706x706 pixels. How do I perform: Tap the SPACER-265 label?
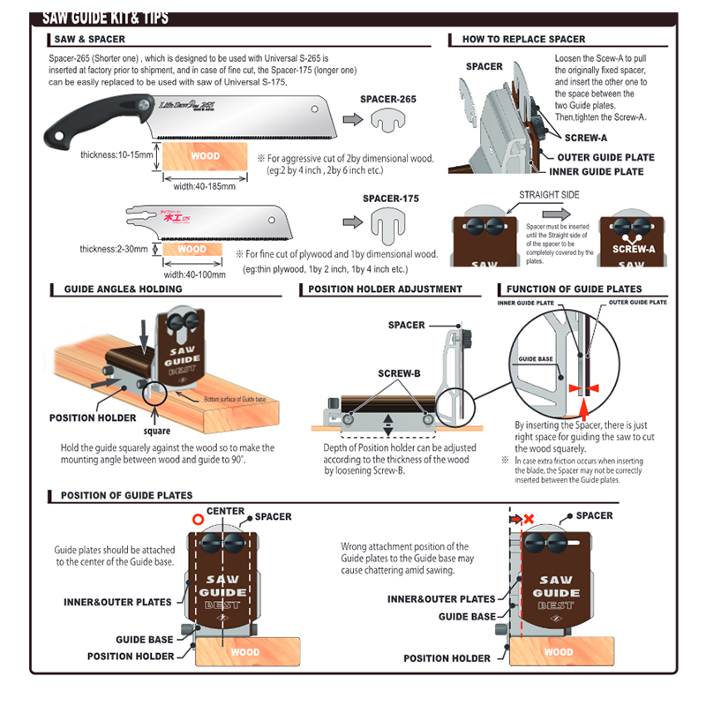click(x=388, y=100)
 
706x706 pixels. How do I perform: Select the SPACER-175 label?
click(x=389, y=199)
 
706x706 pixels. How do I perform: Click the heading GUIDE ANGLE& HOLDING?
click(x=124, y=289)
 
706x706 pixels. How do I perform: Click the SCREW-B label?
click(x=399, y=373)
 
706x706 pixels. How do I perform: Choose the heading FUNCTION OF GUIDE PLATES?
click(x=574, y=289)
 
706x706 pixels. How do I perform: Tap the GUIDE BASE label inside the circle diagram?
click(x=536, y=359)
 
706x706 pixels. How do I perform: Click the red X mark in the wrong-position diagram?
click(x=529, y=520)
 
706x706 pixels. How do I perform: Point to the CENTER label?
click(x=225, y=511)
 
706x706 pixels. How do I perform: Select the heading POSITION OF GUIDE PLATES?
click(x=126, y=495)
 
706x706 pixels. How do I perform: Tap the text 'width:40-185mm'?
click(x=204, y=186)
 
